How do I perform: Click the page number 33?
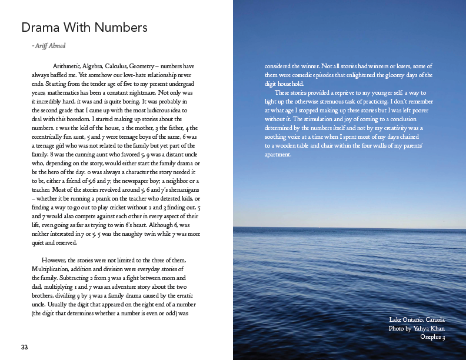coord(25,347)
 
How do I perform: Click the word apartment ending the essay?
coord(277,155)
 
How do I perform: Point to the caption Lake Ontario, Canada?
coord(417,319)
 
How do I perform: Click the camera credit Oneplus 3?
coord(432,337)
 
